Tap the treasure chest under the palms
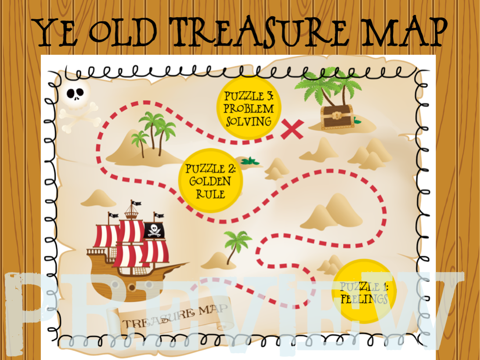(337, 117)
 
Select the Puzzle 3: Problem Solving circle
(248, 108)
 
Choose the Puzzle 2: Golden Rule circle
(210, 181)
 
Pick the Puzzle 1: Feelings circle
(364, 291)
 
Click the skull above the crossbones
(76, 93)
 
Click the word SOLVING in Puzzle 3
(248, 121)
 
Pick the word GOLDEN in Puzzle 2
(210, 181)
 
